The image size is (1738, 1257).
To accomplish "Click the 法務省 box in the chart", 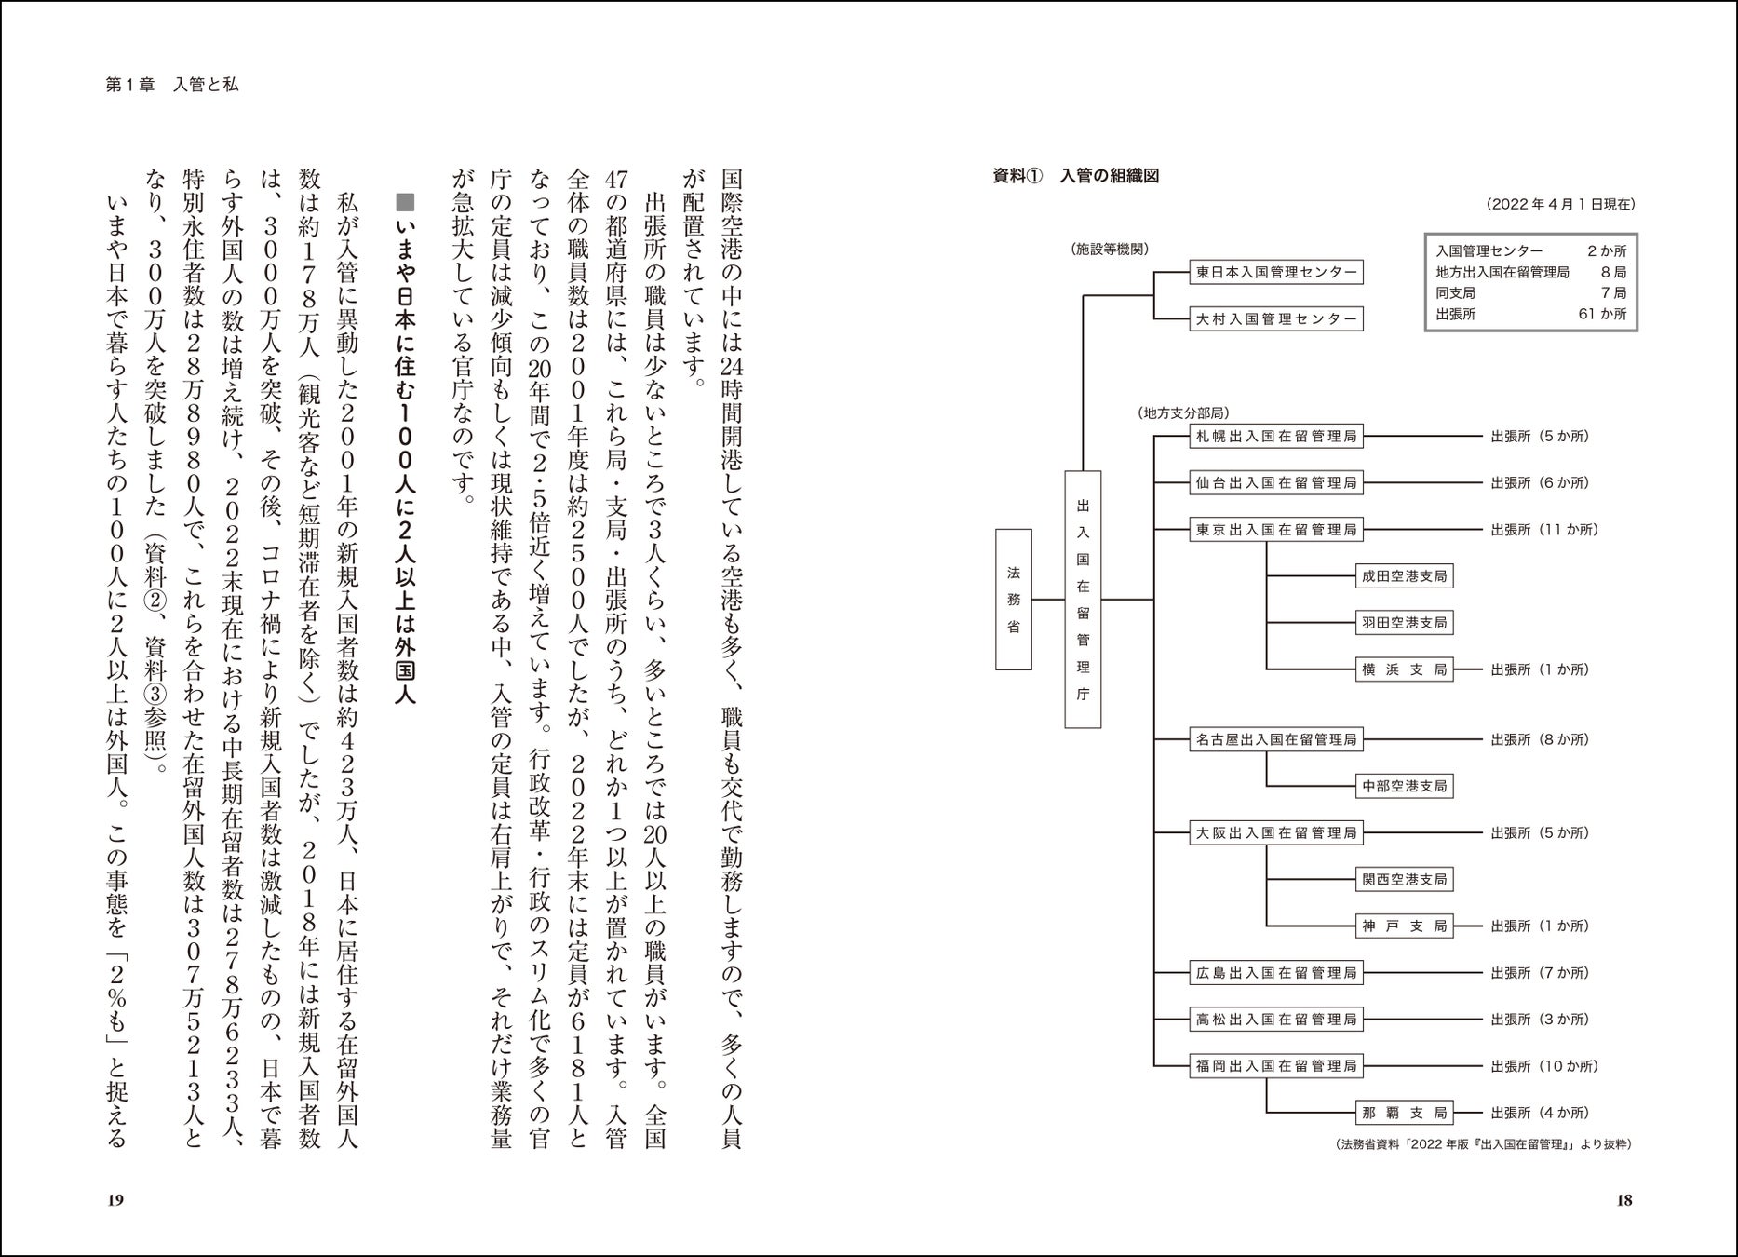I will [1014, 600].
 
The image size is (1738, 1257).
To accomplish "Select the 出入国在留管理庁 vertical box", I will [1083, 600].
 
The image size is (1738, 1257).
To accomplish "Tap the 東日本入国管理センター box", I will [1275, 273].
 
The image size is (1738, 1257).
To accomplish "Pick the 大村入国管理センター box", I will [1275, 319].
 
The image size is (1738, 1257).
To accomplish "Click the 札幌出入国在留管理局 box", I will [1275, 437].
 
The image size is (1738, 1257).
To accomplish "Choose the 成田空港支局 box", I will [1404, 576].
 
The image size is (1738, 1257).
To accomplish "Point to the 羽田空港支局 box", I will [1404, 623].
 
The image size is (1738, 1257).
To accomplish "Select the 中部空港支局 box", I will [1404, 787].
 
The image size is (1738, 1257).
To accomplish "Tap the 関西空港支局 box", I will [1404, 880].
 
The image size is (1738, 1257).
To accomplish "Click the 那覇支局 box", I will [1404, 1113].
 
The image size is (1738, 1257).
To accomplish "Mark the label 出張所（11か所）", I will [1543, 530].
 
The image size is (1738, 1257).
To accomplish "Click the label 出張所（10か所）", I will [1543, 1066].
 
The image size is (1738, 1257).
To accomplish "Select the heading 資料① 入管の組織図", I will [1075, 176].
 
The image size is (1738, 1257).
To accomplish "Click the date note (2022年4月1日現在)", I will [1558, 205].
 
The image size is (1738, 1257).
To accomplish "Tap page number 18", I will [1623, 1200].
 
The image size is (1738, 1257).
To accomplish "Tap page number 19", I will [115, 1200].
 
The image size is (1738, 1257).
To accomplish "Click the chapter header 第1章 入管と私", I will [172, 85].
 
